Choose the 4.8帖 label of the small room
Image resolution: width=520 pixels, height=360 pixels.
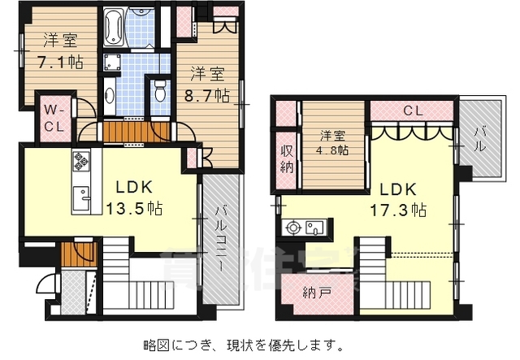coord(333,150)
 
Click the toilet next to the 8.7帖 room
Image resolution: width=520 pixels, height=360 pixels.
coord(160,89)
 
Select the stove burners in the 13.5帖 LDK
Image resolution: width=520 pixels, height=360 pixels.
coord(82,167)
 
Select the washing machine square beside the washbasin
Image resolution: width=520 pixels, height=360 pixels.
coord(111,63)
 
